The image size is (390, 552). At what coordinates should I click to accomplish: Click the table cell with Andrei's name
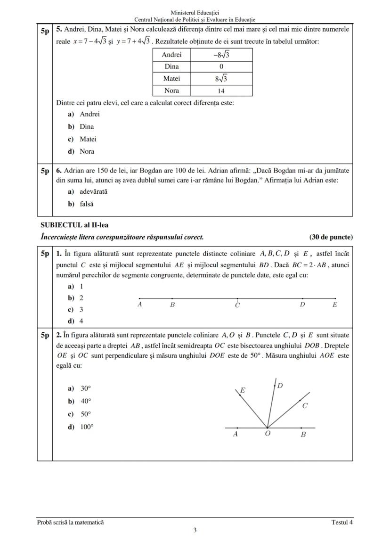pyautogui.click(x=171, y=55)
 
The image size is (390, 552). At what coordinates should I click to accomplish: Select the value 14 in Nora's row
pyautogui.click(x=221, y=91)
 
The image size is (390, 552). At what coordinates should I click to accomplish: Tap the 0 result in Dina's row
pyautogui.click(x=221, y=67)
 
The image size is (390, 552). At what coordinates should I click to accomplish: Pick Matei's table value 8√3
pyautogui.click(x=221, y=79)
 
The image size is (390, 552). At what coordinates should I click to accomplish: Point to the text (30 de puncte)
pyautogui.click(x=331, y=237)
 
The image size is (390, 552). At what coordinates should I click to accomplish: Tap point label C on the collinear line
pyautogui.click(x=237, y=305)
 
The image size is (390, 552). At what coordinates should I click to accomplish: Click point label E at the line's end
pyautogui.click(x=334, y=305)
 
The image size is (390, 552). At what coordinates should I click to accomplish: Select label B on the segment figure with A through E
pyautogui.click(x=172, y=305)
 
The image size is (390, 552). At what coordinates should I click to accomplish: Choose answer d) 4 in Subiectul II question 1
pyautogui.click(x=76, y=321)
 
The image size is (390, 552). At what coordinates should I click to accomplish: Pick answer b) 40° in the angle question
pyautogui.click(x=80, y=401)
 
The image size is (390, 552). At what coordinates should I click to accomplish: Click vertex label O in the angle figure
pyautogui.click(x=267, y=434)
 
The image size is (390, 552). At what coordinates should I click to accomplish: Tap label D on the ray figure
pyautogui.click(x=280, y=386)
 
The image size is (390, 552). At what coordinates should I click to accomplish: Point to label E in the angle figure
pyautogui.click(x=243, y=390)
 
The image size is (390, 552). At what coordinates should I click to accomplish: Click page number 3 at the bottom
pyautogui.click(x=195, y=530)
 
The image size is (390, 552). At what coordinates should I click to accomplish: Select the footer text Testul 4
pyautogui.click(x=341, y=522)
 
